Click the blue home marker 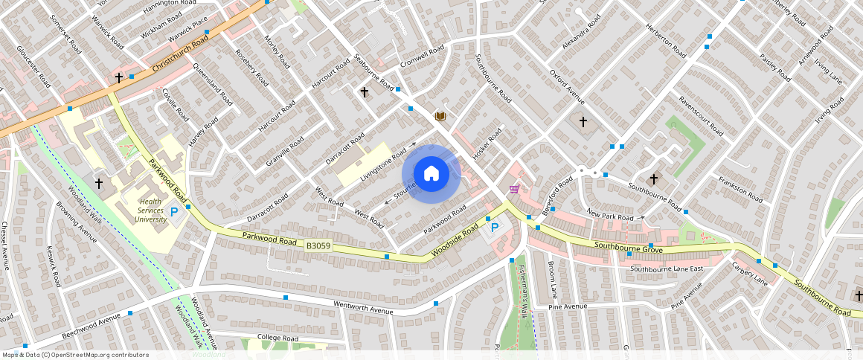point(431,174)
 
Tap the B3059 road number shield point(318,245)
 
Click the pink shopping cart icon point(513,190)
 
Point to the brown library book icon point(440,116)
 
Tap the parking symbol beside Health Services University point(175,213)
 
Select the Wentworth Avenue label point(362,305)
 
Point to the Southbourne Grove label point(627,246)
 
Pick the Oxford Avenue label point(567,88)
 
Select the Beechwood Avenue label point(91,327)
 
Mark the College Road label point(277,338)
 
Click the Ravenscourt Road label point(699,116)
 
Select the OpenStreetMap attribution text point(76,355)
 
